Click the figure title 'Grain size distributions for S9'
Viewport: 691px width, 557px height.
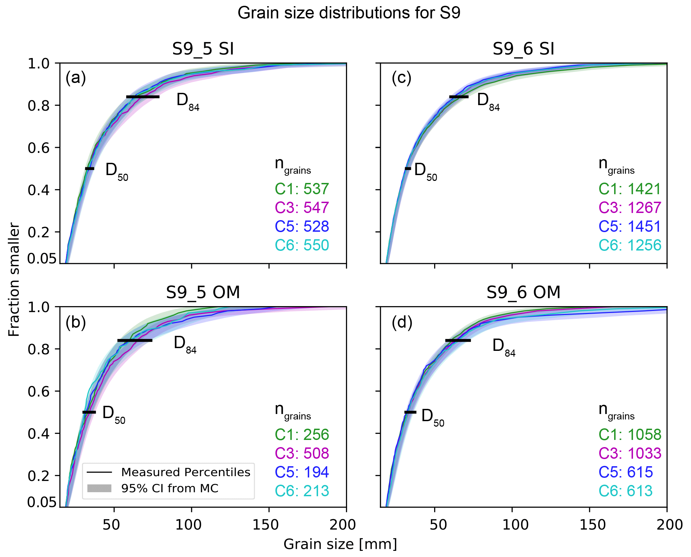click(x=349, y=13)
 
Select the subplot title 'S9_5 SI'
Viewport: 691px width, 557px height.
click(x=203, y=49)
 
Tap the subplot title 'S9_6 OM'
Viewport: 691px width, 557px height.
click(x=523, y=292)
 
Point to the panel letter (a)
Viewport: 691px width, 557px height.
click(x=75, y=78)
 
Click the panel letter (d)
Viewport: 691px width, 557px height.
click(x=402, y=322)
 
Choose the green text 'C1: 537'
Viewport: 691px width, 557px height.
click(x=302, y=189)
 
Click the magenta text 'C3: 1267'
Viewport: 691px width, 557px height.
click(x=630, y=208)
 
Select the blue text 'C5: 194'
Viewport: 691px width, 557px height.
click(x=302, y=472)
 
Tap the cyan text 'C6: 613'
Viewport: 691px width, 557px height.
click(x=625, y=491)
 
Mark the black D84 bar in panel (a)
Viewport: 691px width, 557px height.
click(x=143, y=97)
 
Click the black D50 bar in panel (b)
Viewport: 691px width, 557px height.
click(x=89, y=412)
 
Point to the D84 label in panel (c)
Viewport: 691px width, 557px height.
click(x=488, y=101)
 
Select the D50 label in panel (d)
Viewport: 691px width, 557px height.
click(x=432, y=417)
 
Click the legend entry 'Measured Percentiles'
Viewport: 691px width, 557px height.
click(x=185, y=472)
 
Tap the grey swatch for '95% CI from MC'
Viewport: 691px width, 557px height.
click(x=99, y=488)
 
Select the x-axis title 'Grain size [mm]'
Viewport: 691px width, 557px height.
click(x=340, y=544)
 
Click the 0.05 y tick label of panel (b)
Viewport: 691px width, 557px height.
click(x=42, y=502)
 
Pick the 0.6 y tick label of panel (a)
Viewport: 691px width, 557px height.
click(x=38, y=148)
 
